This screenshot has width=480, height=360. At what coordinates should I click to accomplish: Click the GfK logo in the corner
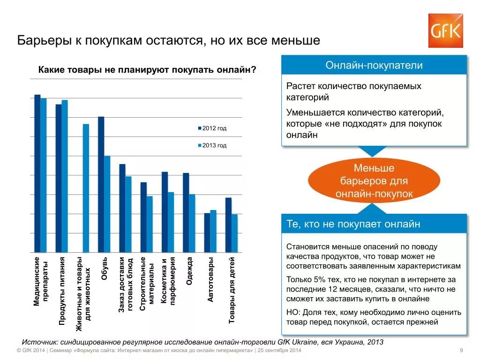[445, 30]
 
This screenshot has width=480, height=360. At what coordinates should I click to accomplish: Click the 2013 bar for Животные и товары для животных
[86, 188]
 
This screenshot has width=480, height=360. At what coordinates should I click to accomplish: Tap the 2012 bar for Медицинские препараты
[37, 173]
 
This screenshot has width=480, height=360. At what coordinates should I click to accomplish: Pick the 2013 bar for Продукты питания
[65, 176]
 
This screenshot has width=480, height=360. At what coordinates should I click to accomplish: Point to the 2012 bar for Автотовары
[207, 232]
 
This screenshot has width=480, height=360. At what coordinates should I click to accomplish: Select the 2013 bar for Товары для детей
[234, 233]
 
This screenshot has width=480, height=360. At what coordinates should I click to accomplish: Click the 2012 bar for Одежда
[186, 212]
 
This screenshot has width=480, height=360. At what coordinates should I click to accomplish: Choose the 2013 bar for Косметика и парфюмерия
[171, 222]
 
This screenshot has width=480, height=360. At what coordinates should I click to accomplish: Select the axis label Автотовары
[210, 279]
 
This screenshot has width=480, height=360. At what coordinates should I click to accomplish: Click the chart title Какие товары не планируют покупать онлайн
[147, 69]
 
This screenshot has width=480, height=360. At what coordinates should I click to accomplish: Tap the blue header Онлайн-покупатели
[374, 65]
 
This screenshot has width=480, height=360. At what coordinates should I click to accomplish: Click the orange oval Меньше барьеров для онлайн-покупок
[374, 180]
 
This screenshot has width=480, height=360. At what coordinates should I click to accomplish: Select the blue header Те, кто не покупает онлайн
[374, 224]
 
